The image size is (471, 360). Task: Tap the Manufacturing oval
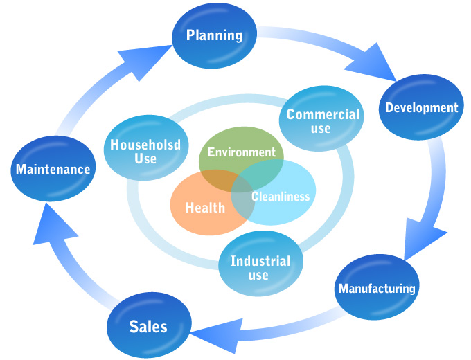pos(376,288)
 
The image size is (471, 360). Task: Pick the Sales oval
pos(148,325)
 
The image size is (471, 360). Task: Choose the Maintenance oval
pos(53,168)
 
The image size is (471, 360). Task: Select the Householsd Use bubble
pos(141,151)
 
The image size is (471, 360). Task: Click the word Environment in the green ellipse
pos(241,152)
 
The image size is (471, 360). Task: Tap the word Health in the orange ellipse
pos(205,207)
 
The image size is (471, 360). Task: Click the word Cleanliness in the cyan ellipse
pos(281,197)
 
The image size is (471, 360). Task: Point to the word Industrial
pos(260,261)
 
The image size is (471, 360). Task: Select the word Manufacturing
pos(376,288)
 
